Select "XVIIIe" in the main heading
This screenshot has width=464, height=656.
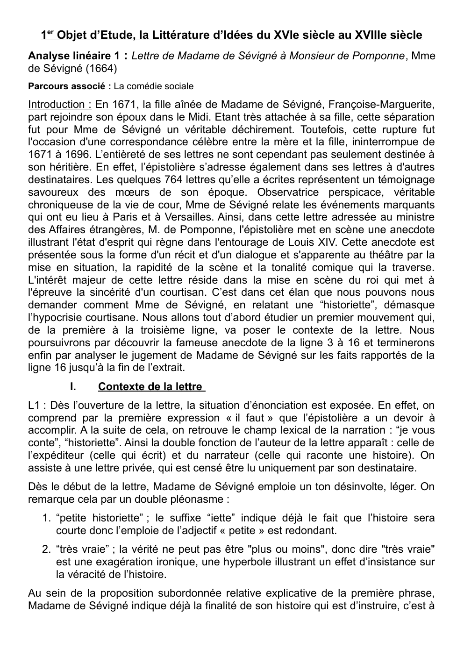pos(371,36)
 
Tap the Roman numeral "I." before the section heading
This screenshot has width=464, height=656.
pos(72,387)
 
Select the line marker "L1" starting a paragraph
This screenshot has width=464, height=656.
pos(34,405)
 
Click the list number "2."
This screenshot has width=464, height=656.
pos(46,549)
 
